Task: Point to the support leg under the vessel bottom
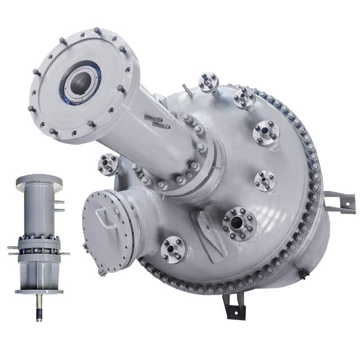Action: (229, 307)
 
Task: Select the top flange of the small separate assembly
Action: (39, 179)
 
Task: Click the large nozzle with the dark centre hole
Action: (238, 222)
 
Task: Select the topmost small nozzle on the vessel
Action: (209, 81)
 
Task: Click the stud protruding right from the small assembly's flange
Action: (66, 254)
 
